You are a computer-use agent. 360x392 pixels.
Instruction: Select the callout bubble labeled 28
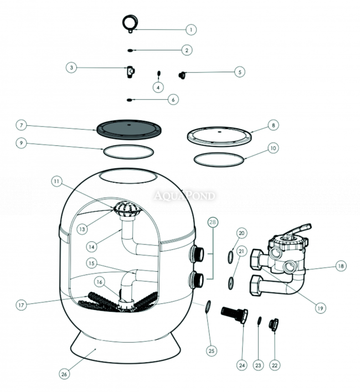(212, 223)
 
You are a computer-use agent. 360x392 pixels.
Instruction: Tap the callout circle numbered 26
(64, 374)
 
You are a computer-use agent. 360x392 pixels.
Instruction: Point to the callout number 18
(340, 266)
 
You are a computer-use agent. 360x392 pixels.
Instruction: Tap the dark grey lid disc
(128, 129)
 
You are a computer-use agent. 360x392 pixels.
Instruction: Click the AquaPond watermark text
(185, 195)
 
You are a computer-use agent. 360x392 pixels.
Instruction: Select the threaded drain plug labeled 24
(233, 316)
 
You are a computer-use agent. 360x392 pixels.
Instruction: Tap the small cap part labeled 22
(274, 324)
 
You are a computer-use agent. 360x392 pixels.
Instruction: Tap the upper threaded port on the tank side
(197, 254)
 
